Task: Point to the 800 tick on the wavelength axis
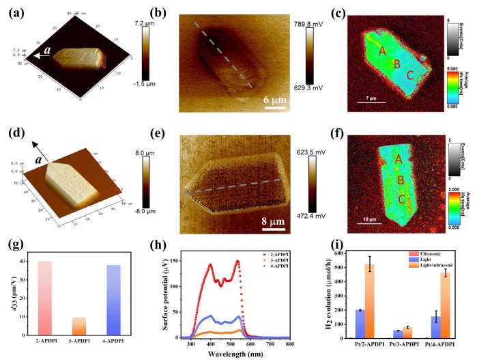(x=289, y=344)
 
